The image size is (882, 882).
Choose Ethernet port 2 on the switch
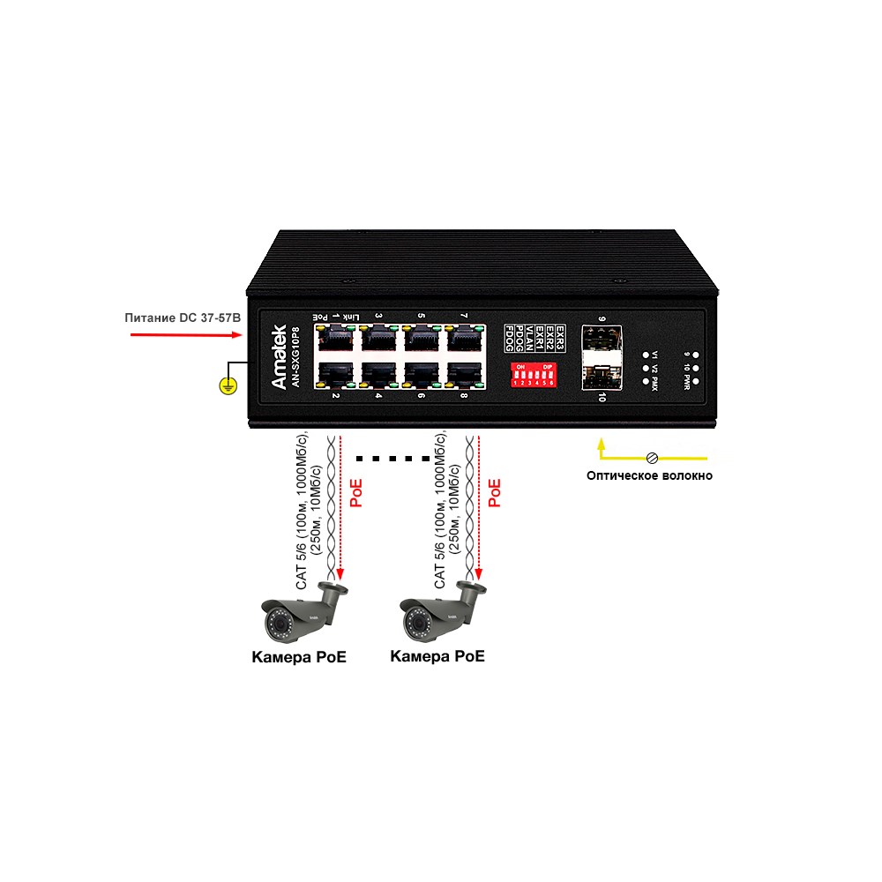point(334,373)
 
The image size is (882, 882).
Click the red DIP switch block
point(534,373)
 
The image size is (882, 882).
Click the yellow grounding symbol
point(227,385)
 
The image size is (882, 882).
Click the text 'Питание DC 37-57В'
point(183,315)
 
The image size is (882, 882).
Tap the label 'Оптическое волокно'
point(650,476)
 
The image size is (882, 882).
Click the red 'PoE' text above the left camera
point(356,493)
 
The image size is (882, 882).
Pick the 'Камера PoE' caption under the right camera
point(437,656)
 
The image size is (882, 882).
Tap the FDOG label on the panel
point(509,334)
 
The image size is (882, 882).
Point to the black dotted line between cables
point(392,459)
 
